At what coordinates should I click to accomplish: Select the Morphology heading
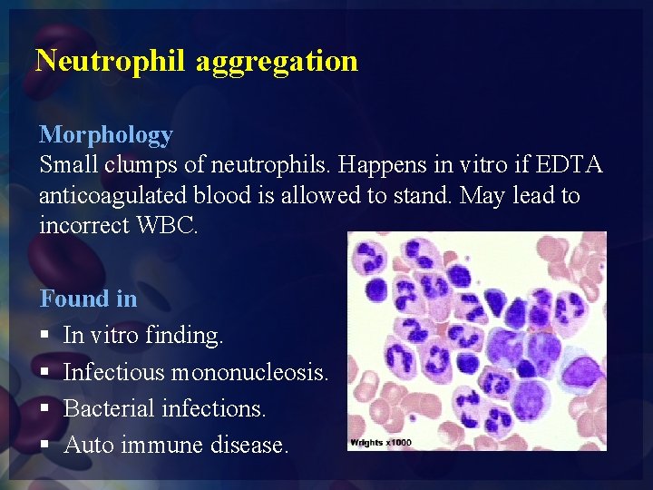(x=105, y=135)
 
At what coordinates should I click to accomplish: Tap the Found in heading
(x=88, y=299)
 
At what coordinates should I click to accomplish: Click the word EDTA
(x=570, y=165)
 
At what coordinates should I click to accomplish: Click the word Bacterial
(x=109, y=408)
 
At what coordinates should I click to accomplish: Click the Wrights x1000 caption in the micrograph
(x=380, y=442)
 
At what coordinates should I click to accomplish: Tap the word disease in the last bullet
(x=249, y=446)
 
